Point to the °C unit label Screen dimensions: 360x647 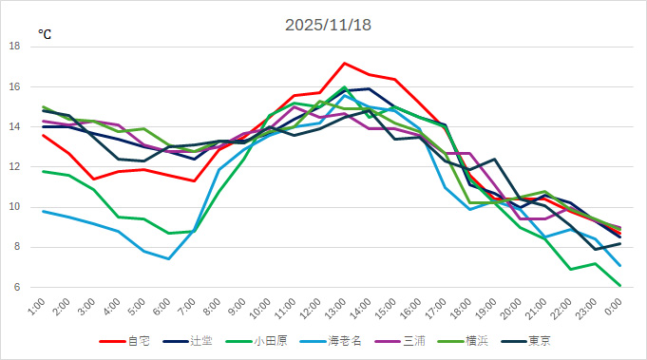[45, 34]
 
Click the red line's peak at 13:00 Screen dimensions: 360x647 [344, 63]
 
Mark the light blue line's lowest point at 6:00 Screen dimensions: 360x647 [168, 258]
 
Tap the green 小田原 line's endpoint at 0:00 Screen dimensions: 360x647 [620, 285]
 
